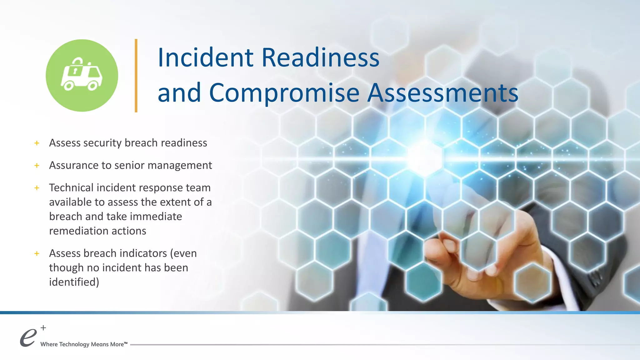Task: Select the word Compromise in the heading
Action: (x=284, y=93)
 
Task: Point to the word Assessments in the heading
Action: (x=442, y=93)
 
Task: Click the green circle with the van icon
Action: (x=82, y=75)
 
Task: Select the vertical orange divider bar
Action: (x=136, y=75)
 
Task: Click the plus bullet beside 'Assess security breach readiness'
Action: (x=37, y=143)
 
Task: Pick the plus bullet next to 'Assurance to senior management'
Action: (x=37, y=166)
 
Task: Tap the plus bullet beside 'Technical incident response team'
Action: (x=37, y=188)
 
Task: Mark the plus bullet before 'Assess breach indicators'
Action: (x=37, y=253)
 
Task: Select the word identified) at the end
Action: (x=74, y=282)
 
